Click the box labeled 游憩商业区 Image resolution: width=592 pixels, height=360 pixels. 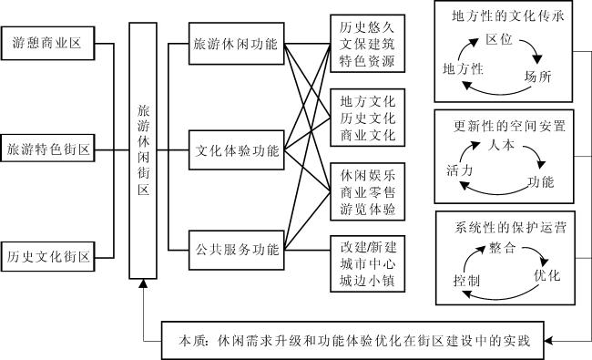[47, 43]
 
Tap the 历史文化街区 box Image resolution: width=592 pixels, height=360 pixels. [47, 256]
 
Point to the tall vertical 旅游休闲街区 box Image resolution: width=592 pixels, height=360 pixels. [143, 150]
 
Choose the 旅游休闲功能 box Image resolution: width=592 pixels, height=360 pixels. [237, 44]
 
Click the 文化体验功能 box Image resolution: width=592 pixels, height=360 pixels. [237, 150]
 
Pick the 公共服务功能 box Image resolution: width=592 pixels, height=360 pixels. [237, 250]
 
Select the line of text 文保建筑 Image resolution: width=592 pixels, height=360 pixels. [367, 44]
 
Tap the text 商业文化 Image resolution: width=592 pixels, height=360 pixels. [368, 135]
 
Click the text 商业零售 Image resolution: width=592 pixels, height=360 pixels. [368, 192]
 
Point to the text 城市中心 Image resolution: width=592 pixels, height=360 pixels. [368, 263]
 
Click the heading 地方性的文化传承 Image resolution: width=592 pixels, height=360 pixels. [508, 15]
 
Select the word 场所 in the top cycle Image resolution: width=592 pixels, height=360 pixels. [538, 77]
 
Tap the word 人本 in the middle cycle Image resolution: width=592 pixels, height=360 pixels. [501, 145]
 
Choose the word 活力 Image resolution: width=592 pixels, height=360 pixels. [459, 170]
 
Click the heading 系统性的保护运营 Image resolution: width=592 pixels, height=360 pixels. [510, 228]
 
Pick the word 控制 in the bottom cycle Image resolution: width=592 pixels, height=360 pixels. [466, 281]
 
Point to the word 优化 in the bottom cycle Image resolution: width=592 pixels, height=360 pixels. [547, 275]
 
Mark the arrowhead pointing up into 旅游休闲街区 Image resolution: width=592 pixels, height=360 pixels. [143, 283]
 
